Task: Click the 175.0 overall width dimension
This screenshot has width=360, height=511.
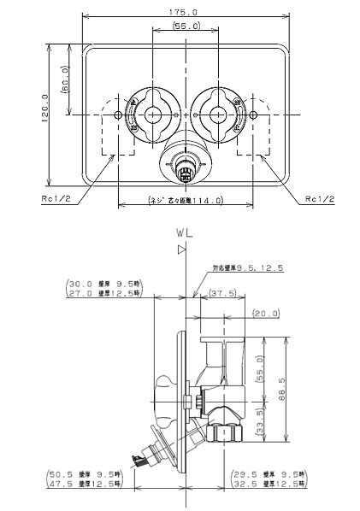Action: [x=184, y=12]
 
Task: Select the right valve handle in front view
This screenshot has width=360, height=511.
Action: [x=210, y=113]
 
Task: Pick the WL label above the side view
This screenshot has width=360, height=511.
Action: [x=183, y=232]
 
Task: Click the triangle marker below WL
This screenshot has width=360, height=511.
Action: [x=181, y=250]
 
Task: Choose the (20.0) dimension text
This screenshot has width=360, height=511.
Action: [x=265, y=313]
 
